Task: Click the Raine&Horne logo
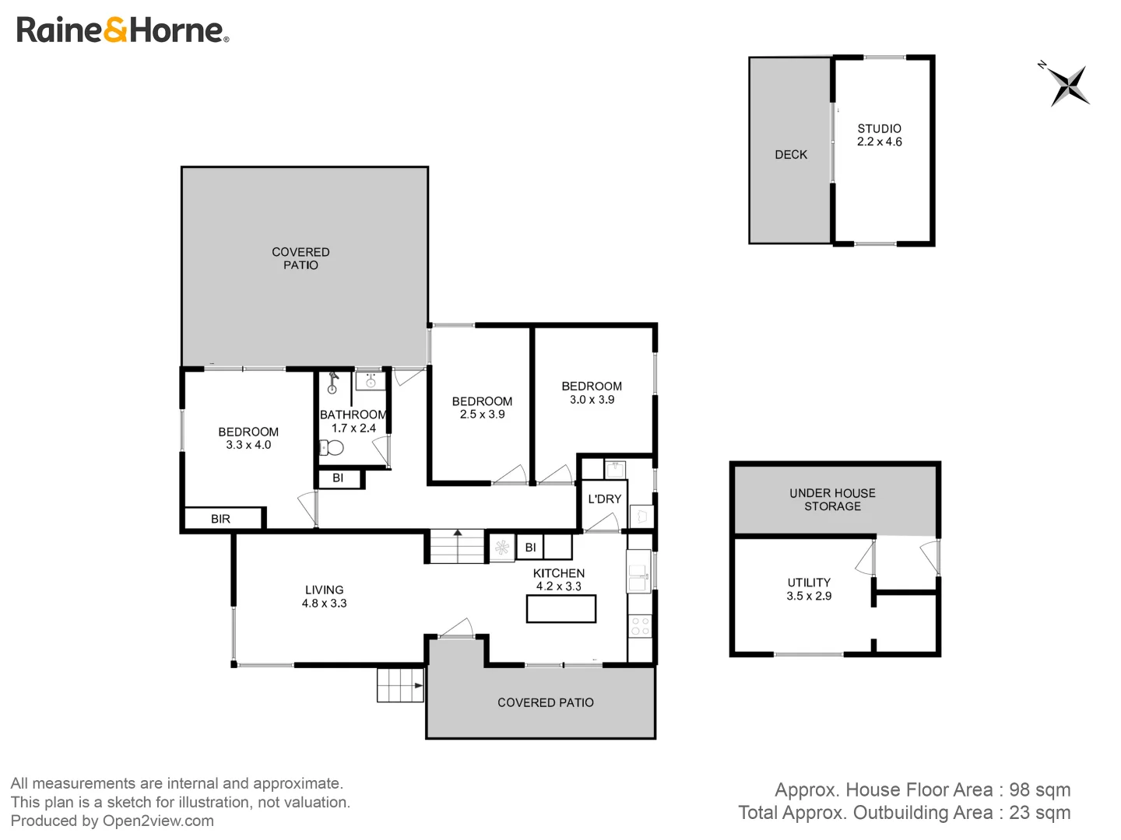coord(122,30)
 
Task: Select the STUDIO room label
coord(879,128)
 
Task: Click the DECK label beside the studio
coord(791,155)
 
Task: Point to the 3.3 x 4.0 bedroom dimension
coord(248,445)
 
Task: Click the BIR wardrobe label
coord(220,519)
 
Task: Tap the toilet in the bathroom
coord(332,447)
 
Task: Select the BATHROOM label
coord(353,415)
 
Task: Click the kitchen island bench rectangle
coord(560,609)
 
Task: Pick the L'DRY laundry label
coord(604,499)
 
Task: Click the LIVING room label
coord(324,590)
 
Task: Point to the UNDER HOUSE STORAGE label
coord(832,499)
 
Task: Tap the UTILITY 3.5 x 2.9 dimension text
coord(809,596)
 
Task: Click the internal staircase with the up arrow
coord(457,546)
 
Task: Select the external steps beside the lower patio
coord(400,685)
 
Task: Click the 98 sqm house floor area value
coord(1039,790)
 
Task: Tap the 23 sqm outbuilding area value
coord(1039,813)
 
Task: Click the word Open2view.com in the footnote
coord(158,821)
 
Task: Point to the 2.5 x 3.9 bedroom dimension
coord(482,414)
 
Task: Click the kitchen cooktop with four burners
coord(640,626)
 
